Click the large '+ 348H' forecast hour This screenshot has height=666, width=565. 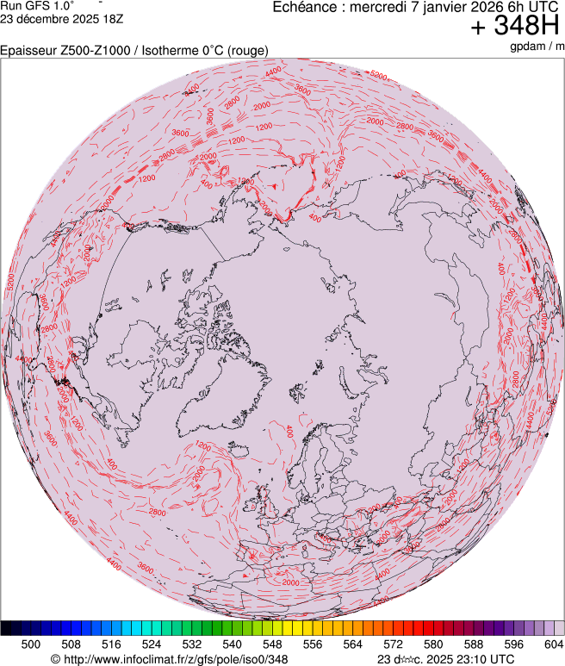click(516, 27)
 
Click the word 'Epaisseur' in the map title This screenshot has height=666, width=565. click(28, 51)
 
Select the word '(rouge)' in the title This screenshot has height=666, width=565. click(247, 51)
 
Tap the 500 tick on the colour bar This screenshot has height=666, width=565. click(31, 644)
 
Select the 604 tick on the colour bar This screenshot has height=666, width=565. click(553, 644)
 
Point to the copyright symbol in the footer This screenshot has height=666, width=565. click(55, 659)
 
